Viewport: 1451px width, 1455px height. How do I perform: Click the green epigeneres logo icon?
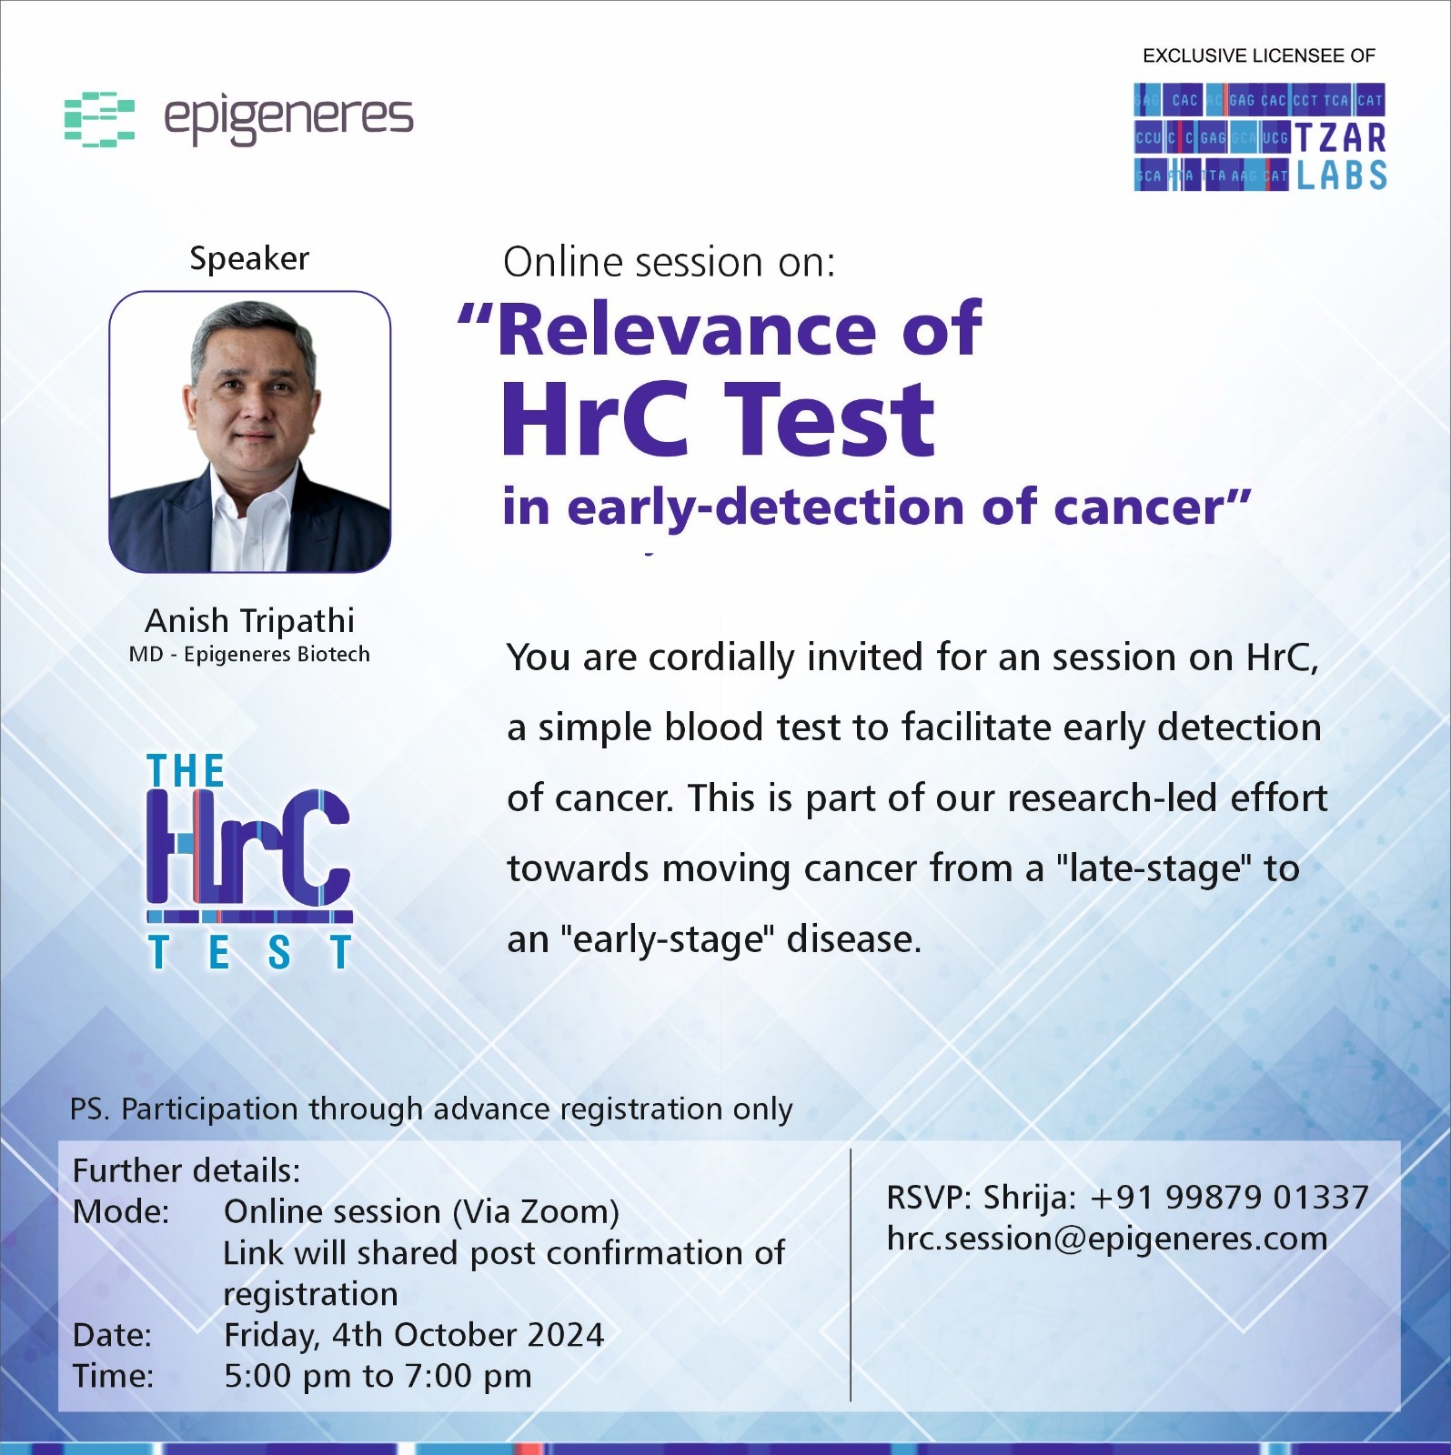click(99, 119)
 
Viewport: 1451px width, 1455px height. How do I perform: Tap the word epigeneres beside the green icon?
click(288, 119)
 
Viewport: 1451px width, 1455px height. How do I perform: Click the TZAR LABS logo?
click(1260, 137)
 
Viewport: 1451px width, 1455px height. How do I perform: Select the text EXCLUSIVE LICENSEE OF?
click(1259, 55)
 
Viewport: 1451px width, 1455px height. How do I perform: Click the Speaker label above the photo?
click(249, 259)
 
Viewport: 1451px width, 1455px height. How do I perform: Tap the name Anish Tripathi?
click(249, 621)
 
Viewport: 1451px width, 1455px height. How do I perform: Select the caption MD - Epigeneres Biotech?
click(249, 655)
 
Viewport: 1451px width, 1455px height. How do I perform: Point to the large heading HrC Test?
click(718, 419)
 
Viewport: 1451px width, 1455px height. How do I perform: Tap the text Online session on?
click(669, 263)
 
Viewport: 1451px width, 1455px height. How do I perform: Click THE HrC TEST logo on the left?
click(249, 861)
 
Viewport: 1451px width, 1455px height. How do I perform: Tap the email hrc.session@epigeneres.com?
click(1107, 1239)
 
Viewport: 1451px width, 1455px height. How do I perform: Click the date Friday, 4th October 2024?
click(414, 1335)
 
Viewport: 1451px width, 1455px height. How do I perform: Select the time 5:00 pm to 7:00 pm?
click(378, 1376)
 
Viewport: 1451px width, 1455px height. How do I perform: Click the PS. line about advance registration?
click(431, 1110)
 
